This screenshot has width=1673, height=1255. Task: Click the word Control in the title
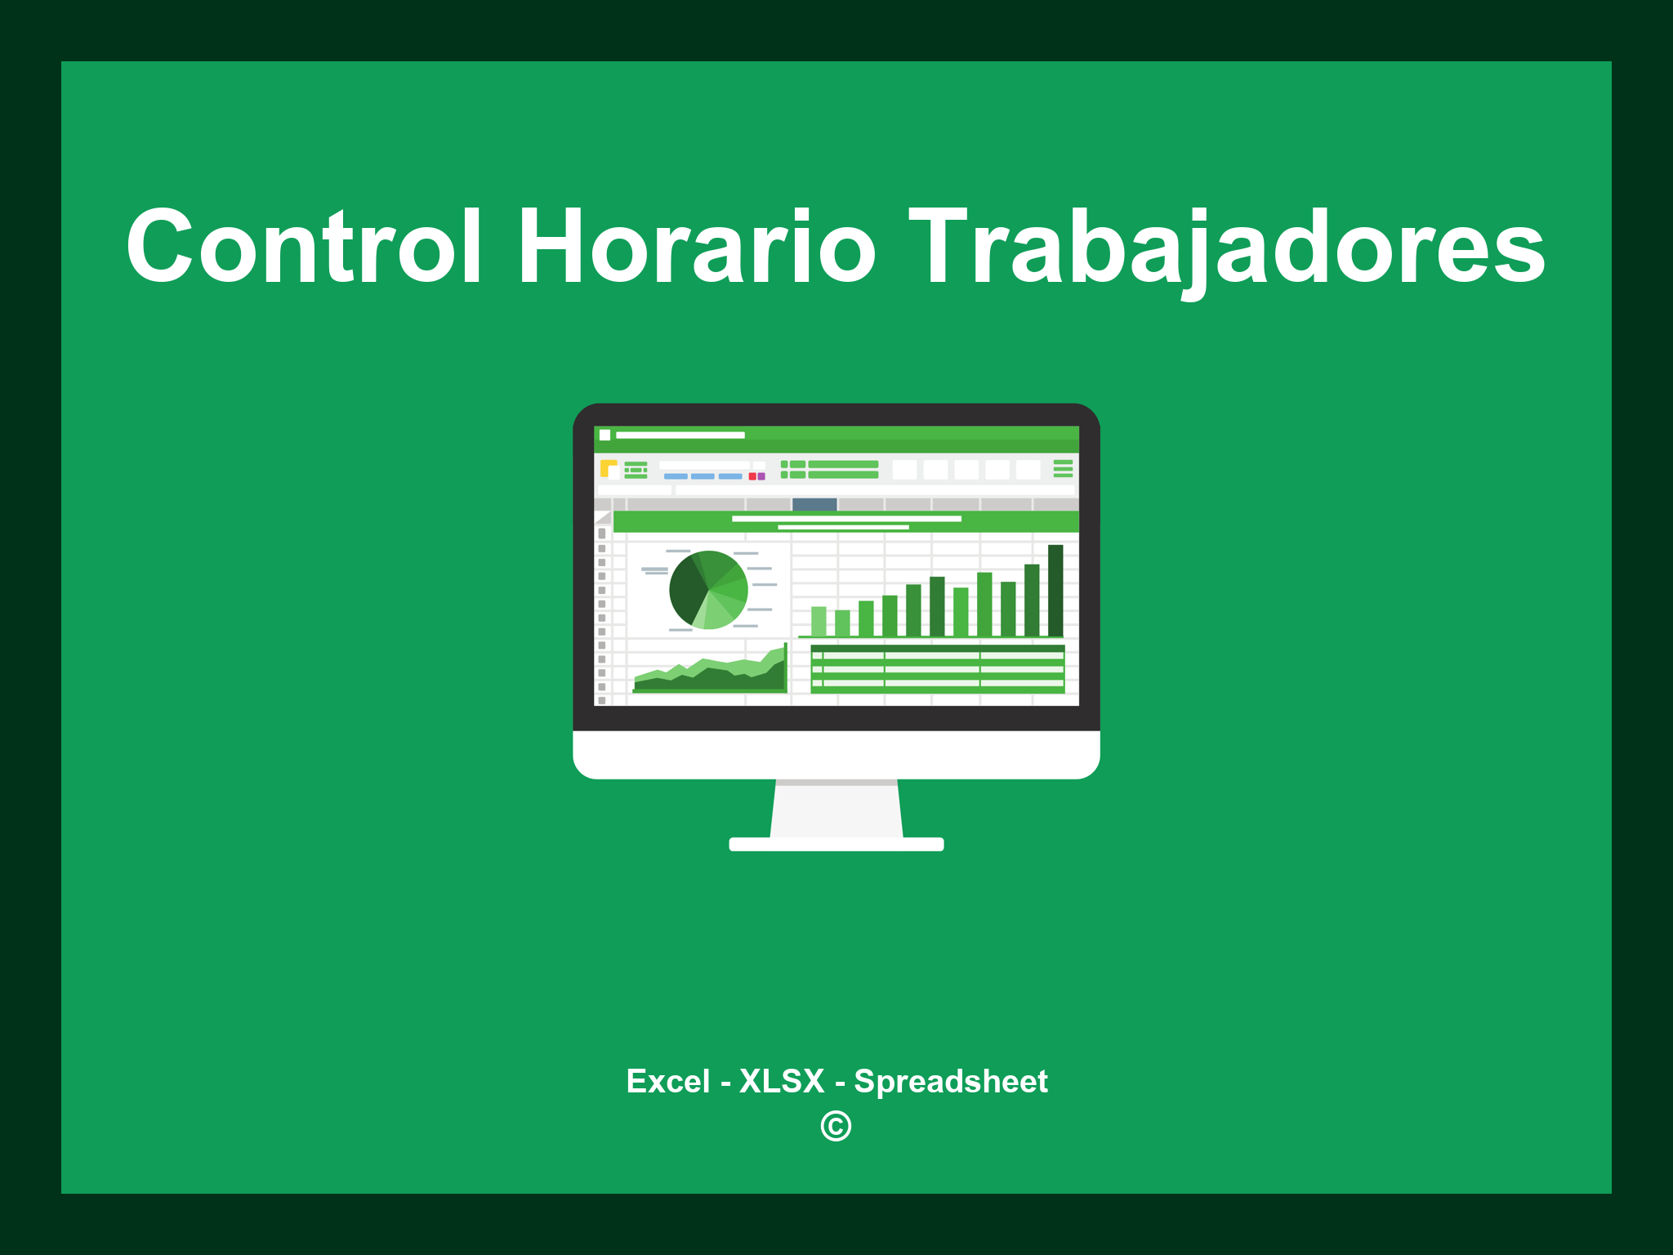coord(304,246)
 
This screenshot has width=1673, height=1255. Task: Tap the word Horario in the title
coord(697,246)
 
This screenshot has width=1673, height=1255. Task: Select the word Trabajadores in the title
coord(1226,249)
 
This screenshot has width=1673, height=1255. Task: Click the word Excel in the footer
coord(667,1081)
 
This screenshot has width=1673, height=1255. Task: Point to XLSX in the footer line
coord(782,1081)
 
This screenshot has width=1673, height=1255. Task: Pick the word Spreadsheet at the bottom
coord(951,1083)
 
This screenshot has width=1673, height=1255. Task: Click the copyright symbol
coord(836,1126)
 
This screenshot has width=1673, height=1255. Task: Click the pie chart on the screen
coord(708,590)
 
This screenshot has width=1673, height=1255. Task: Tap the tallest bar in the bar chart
coord(1055,590)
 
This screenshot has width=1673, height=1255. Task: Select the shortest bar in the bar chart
coord(842,623)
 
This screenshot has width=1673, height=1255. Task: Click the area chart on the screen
coord(711,670)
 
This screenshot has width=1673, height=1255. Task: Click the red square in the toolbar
coord(752,476)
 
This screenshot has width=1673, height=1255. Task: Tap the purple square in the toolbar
coord(761,476)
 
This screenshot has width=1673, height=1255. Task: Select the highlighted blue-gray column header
coord(814,504)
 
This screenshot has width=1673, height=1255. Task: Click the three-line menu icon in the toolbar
coord(1063,468)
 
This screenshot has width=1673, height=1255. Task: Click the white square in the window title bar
coord(605,435)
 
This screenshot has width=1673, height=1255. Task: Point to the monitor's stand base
coord(836,844)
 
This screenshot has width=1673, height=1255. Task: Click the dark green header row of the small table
coord(938,649)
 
